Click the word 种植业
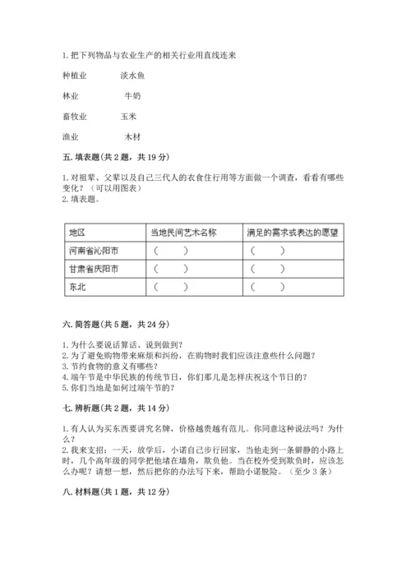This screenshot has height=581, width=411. [73, 76]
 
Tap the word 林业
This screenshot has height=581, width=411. [70, 96]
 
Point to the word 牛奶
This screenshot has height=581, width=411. [132, 96]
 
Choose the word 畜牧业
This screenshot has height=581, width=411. [73, 117]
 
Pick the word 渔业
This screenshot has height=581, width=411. [70, 136]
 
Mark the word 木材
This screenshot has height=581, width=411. [132, 136]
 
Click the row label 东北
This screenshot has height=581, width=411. [78, 287]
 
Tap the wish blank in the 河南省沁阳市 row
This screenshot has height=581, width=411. [269, 251]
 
